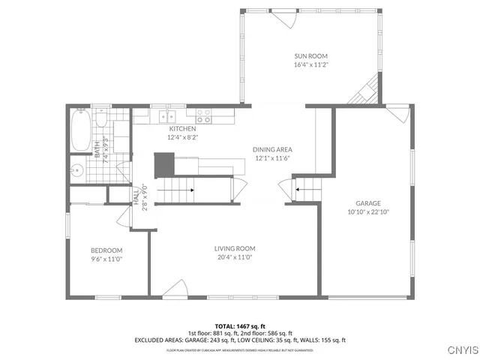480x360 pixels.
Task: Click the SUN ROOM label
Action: click(310, 56)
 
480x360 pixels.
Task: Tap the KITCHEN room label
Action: click(182, 129)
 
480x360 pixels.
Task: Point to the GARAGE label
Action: click(368, 203)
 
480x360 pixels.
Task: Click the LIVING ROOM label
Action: click(235, 249)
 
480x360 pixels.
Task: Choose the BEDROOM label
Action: click(106, 250)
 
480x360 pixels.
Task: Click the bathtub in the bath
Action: click(79, 131)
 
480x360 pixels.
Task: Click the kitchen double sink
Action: click(166, 116)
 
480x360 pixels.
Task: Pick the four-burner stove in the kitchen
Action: click(203, 116)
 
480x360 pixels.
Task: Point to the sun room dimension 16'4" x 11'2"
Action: click(310, 65)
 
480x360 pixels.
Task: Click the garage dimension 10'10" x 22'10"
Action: click(368, 211)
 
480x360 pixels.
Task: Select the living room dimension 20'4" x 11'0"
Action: click(235, 257)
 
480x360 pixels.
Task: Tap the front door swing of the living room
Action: click(176, 288)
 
